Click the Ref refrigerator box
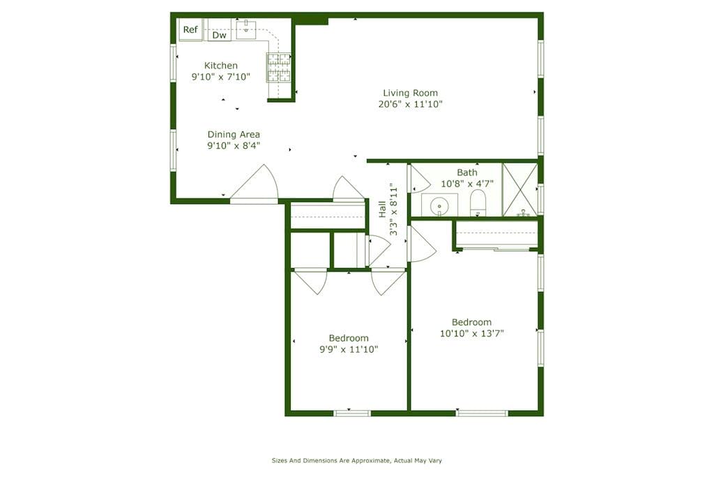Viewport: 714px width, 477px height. click(190, 30)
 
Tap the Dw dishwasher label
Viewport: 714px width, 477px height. click(220, 35)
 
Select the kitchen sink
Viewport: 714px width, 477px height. click(246, 29)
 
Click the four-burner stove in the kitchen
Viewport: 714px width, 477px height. click(278, 68)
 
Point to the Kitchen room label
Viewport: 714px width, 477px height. click(221, 65)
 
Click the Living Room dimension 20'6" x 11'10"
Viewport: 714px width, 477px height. click(410, 104)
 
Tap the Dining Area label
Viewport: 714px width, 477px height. click(234, 135)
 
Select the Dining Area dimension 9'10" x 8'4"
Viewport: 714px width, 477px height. click(234, 145)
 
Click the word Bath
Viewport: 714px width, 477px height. click(467, 173)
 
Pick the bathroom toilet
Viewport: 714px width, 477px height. click(478, 203)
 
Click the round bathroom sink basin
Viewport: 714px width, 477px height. click(439, 207)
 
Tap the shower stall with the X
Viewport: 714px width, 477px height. click(520, 190)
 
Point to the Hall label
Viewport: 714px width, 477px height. click(382, 210)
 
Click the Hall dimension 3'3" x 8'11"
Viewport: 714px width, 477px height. click(393, 210)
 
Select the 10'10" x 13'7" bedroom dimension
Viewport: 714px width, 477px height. click(472, 333)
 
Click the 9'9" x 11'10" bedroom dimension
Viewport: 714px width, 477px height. click(349, 350)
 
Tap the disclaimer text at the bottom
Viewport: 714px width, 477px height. click(356, 460)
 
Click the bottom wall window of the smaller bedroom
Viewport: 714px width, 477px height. click(352, 413)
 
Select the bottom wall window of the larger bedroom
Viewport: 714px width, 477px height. click(482, 413)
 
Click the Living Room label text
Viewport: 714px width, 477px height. click(410, 93)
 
